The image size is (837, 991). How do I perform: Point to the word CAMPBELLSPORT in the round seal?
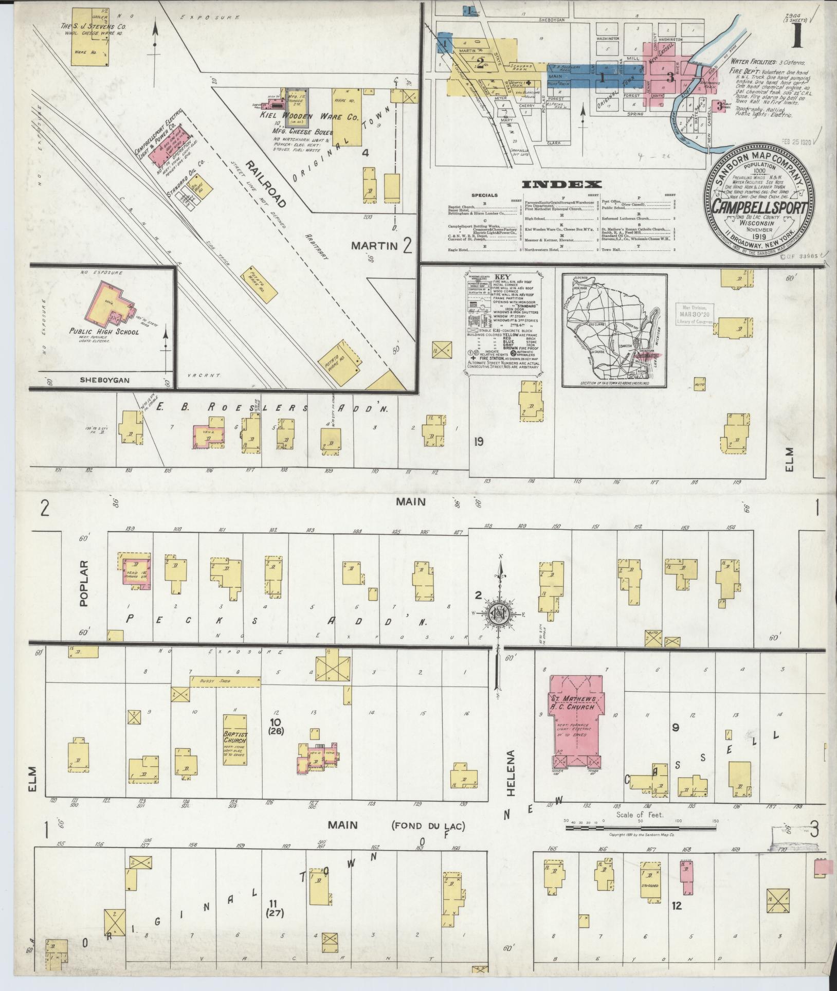coord(758,206)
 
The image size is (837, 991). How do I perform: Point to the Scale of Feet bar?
coord(641,828)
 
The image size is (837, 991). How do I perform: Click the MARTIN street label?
coord(375,246)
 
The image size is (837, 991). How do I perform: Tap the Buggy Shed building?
coord(225,681)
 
